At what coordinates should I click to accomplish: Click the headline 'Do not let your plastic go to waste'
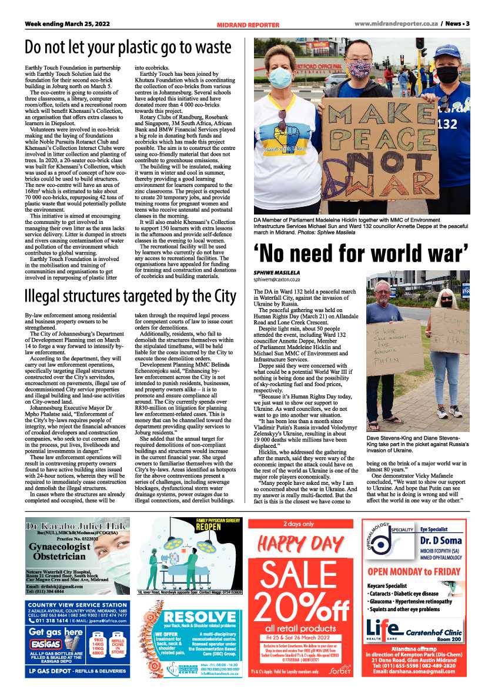click(128, 46)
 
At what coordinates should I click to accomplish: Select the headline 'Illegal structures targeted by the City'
click(130, 296)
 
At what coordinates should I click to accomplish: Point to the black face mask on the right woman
click(447, 74)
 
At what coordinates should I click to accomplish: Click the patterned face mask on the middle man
click(358, 69)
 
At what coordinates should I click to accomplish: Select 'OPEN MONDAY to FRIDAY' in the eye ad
click(413, 571)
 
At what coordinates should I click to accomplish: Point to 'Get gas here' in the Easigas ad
click(56, 632)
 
